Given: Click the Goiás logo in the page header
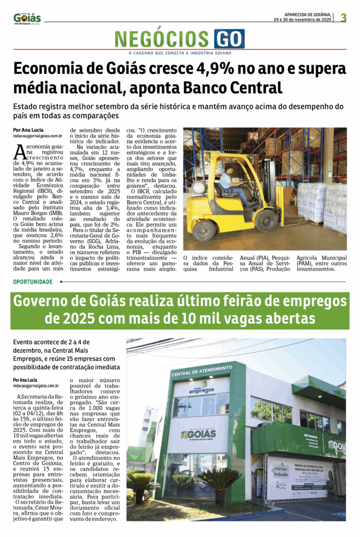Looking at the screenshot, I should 27,18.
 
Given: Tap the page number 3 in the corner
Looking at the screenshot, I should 343,17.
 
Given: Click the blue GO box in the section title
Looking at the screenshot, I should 229,39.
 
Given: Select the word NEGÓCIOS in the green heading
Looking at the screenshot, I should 162,39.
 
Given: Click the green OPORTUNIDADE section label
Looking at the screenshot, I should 33,282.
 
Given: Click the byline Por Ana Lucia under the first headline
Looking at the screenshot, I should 28,130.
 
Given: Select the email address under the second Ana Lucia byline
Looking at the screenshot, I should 36,385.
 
